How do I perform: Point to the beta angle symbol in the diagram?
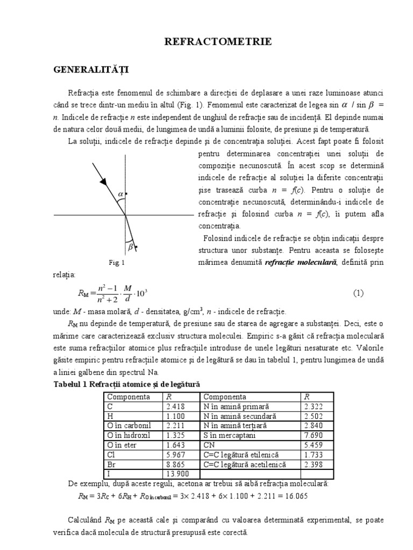point(130,247)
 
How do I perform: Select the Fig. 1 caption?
point(116,263)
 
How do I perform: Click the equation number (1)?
point(359,293)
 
